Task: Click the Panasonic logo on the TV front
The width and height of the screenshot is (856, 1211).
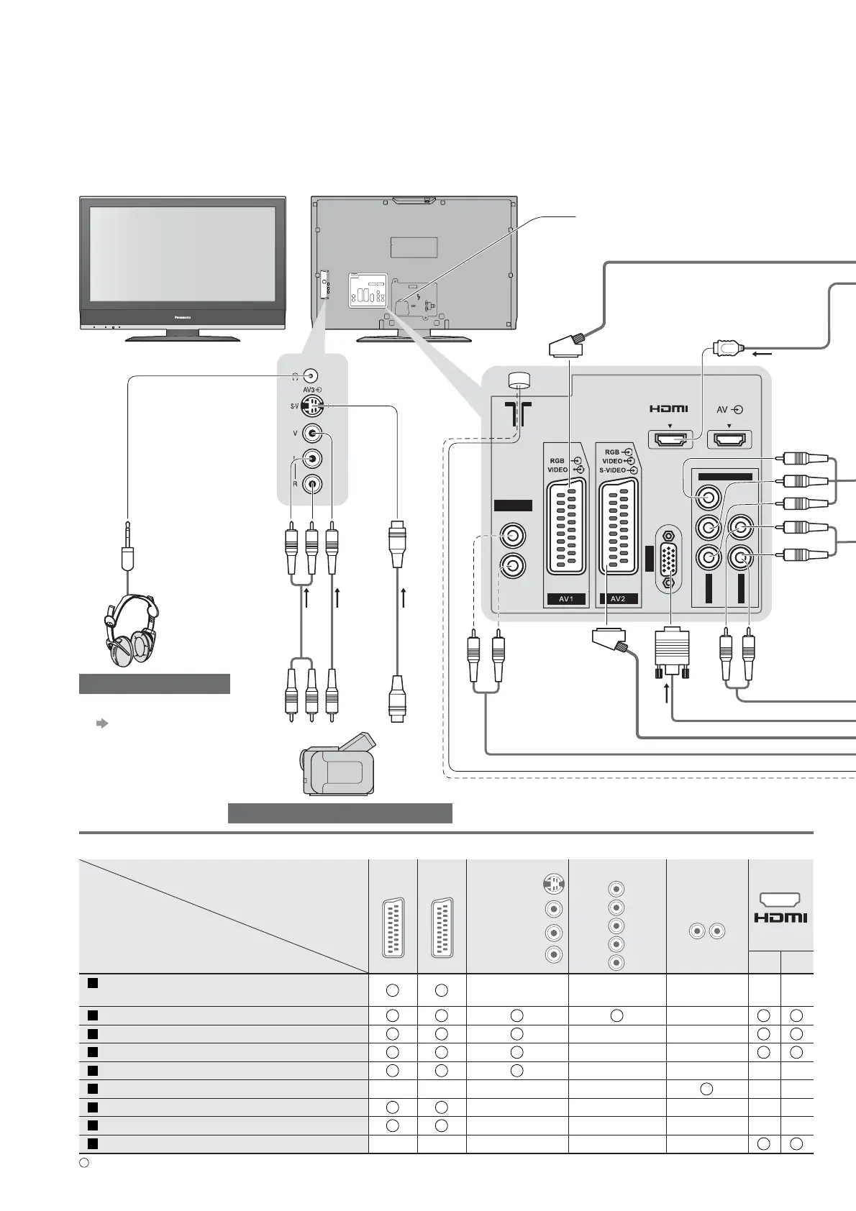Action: (181, 315)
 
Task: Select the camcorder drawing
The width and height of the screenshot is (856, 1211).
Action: (338, 765)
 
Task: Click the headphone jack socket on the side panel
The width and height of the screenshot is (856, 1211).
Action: (311, 376)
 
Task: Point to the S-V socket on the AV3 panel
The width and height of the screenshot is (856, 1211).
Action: (312, 406)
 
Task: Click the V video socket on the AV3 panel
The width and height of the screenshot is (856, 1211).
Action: (312, 434)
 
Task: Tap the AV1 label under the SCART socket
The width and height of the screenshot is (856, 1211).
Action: (566, 598)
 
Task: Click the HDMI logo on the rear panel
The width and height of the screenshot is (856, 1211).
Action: (668, 409)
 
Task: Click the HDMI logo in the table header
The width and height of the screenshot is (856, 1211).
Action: (780, 918)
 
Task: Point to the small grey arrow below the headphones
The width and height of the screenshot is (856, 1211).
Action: (101, 723)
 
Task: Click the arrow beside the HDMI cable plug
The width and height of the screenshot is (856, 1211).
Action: (762, 354)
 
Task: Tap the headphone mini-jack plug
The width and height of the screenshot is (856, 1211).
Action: (127, 550)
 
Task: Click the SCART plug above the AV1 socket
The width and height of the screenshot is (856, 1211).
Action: (568, 347)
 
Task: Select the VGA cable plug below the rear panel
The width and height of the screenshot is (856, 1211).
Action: (672, 653)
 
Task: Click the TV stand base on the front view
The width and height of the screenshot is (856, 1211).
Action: (183, 337)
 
